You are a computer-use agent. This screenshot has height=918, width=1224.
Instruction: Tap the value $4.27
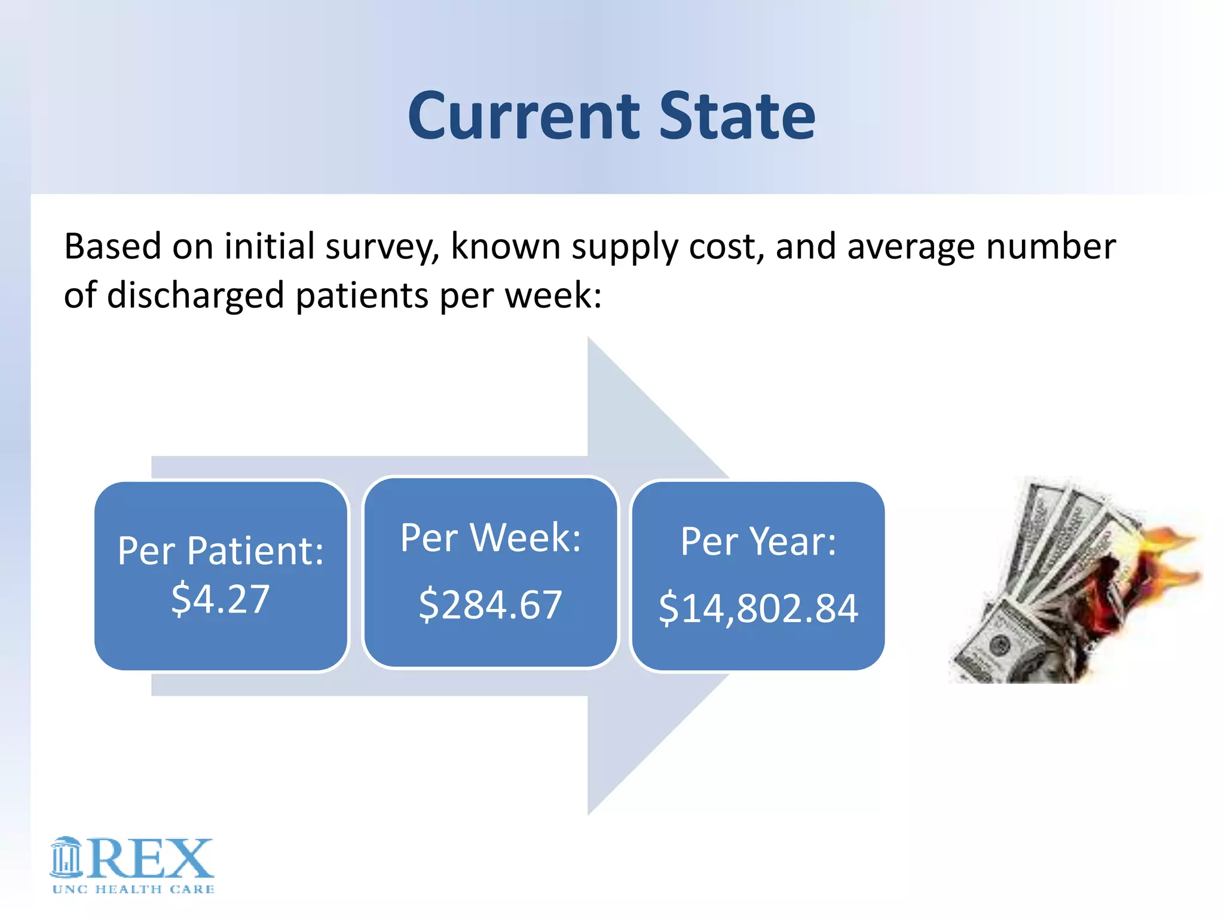(x=221, y=599)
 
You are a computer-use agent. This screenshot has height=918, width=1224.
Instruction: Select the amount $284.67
(x=490, y=604)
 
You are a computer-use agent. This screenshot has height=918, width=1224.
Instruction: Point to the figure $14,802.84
(x=758, y=608)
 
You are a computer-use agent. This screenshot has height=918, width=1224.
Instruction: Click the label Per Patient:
(x=221, y=550)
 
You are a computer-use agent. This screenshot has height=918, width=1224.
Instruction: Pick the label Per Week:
(x=490, y=538)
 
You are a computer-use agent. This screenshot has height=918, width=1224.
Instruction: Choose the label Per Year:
(x=758, y=541)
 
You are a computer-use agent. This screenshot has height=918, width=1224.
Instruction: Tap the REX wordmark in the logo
(x=152, y=859)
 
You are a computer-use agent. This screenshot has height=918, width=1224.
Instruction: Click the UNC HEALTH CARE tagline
(x=133, y=889)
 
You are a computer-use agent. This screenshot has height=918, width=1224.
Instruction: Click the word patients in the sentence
(x=362, y=296)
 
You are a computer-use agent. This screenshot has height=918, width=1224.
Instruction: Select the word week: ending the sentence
(x=553, y=296)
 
